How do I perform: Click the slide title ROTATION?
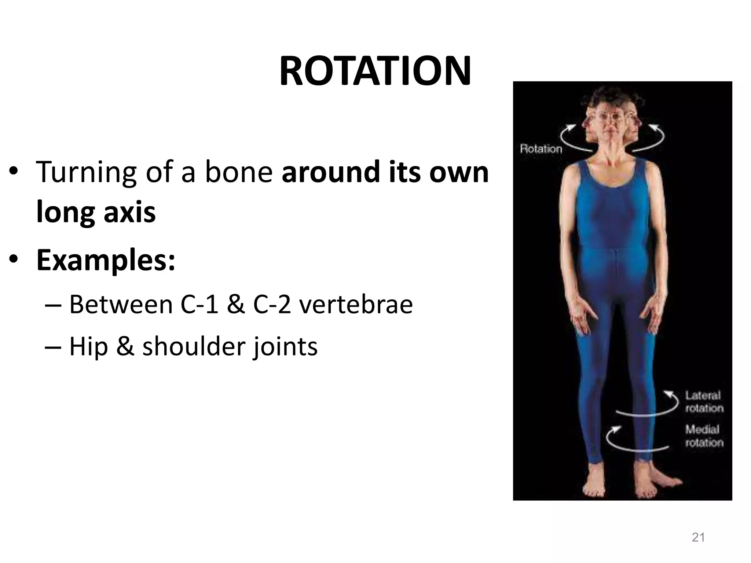coord(375,71)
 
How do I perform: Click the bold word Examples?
coord(106,260)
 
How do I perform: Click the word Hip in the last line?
coord(88,347)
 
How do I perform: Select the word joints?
coord(285,347)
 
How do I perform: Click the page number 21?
coord(698,537)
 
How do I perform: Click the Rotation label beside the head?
coord(541,149)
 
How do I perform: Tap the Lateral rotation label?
coord(704,402)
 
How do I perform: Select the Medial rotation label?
coord(704,435)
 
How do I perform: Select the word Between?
coord(121,305)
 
